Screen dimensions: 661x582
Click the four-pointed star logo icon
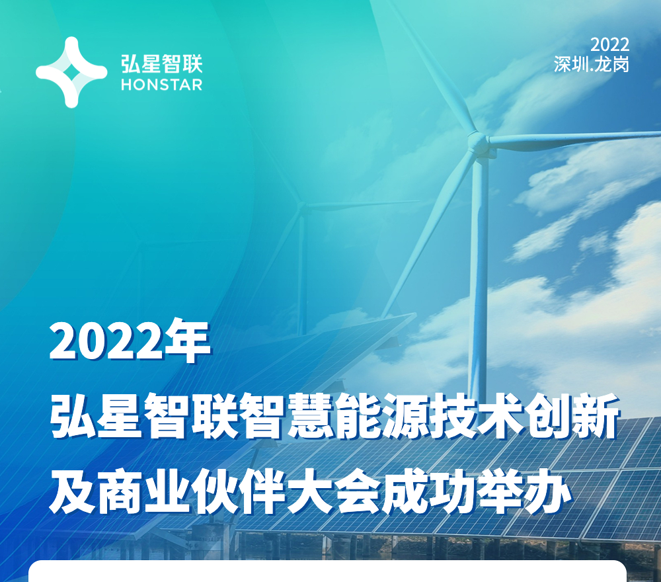tap(71, 72)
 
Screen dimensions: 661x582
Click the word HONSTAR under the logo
tap(161, 85)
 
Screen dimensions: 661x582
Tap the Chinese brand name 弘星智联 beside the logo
tap(162, 63)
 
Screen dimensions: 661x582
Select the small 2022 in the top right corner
tap(609, 45)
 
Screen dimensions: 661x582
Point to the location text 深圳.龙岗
tap(592, 65)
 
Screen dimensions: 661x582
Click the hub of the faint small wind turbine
tap(302, 206)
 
